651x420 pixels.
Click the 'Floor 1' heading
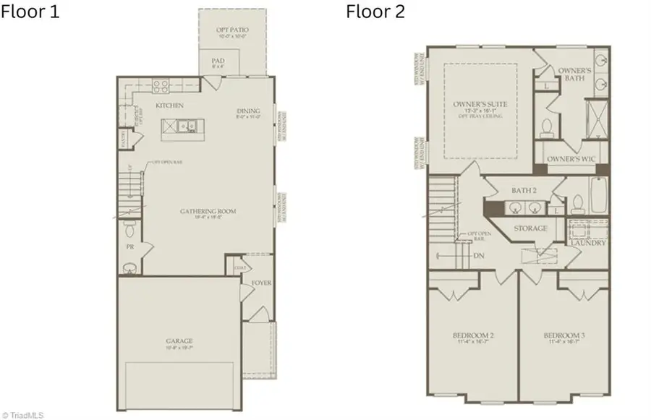[30, 12]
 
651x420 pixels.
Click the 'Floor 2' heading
[375, 12]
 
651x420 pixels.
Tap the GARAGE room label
[178, 340]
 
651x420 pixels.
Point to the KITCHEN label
[169, 106]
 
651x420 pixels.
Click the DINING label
[248, 111]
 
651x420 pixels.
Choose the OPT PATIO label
[233, 30]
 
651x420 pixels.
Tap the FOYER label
[262, 283]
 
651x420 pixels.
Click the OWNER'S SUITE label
[480, 104]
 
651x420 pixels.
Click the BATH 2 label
[524, 191]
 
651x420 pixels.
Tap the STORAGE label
[529, 228]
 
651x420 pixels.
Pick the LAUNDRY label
[587, 243]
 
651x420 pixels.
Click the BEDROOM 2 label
[473, 336]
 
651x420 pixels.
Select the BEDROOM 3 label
[564, 336]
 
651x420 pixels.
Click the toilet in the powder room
[129, 230]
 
